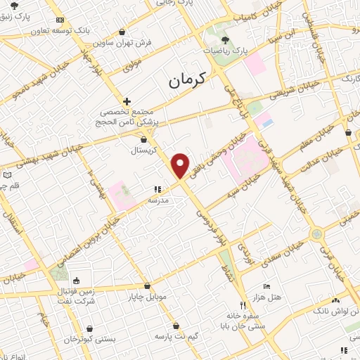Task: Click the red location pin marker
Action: click(181, 165)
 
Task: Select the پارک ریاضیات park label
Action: click(231, 51)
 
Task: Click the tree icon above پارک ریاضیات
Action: click(225, 40)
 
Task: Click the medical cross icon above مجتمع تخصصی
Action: click(127, 101)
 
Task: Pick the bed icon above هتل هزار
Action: click(266, 286)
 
